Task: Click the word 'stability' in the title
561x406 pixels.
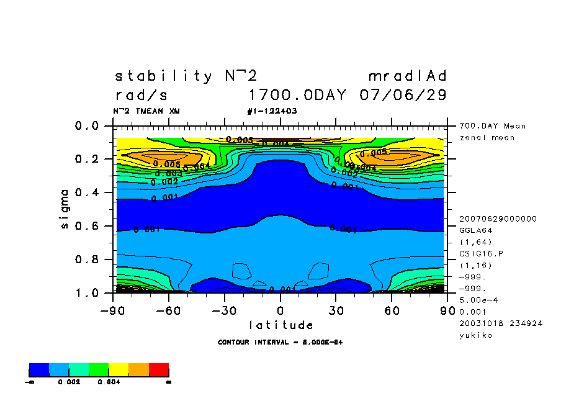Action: point(163,76)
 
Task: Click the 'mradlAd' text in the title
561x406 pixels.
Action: point(408,76)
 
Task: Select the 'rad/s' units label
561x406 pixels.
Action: point(141,96)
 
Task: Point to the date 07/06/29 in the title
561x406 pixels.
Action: point(403,96)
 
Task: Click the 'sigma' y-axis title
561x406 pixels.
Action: point(65,209)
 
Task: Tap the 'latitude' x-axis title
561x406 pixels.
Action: point(280,325)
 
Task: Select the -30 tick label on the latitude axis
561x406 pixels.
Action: point(223,309)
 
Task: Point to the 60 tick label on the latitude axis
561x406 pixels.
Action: point(392,309)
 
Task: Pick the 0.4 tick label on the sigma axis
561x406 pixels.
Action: point(86,192)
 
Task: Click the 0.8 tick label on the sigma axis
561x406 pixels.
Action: point(86,259)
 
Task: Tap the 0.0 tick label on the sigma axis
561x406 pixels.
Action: point(86,126)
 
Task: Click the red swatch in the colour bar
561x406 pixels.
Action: point(159,370)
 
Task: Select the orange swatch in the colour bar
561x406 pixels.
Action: point(139,370)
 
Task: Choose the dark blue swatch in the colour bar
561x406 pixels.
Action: point(39,370)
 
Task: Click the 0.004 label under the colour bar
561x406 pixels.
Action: point(109,382)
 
